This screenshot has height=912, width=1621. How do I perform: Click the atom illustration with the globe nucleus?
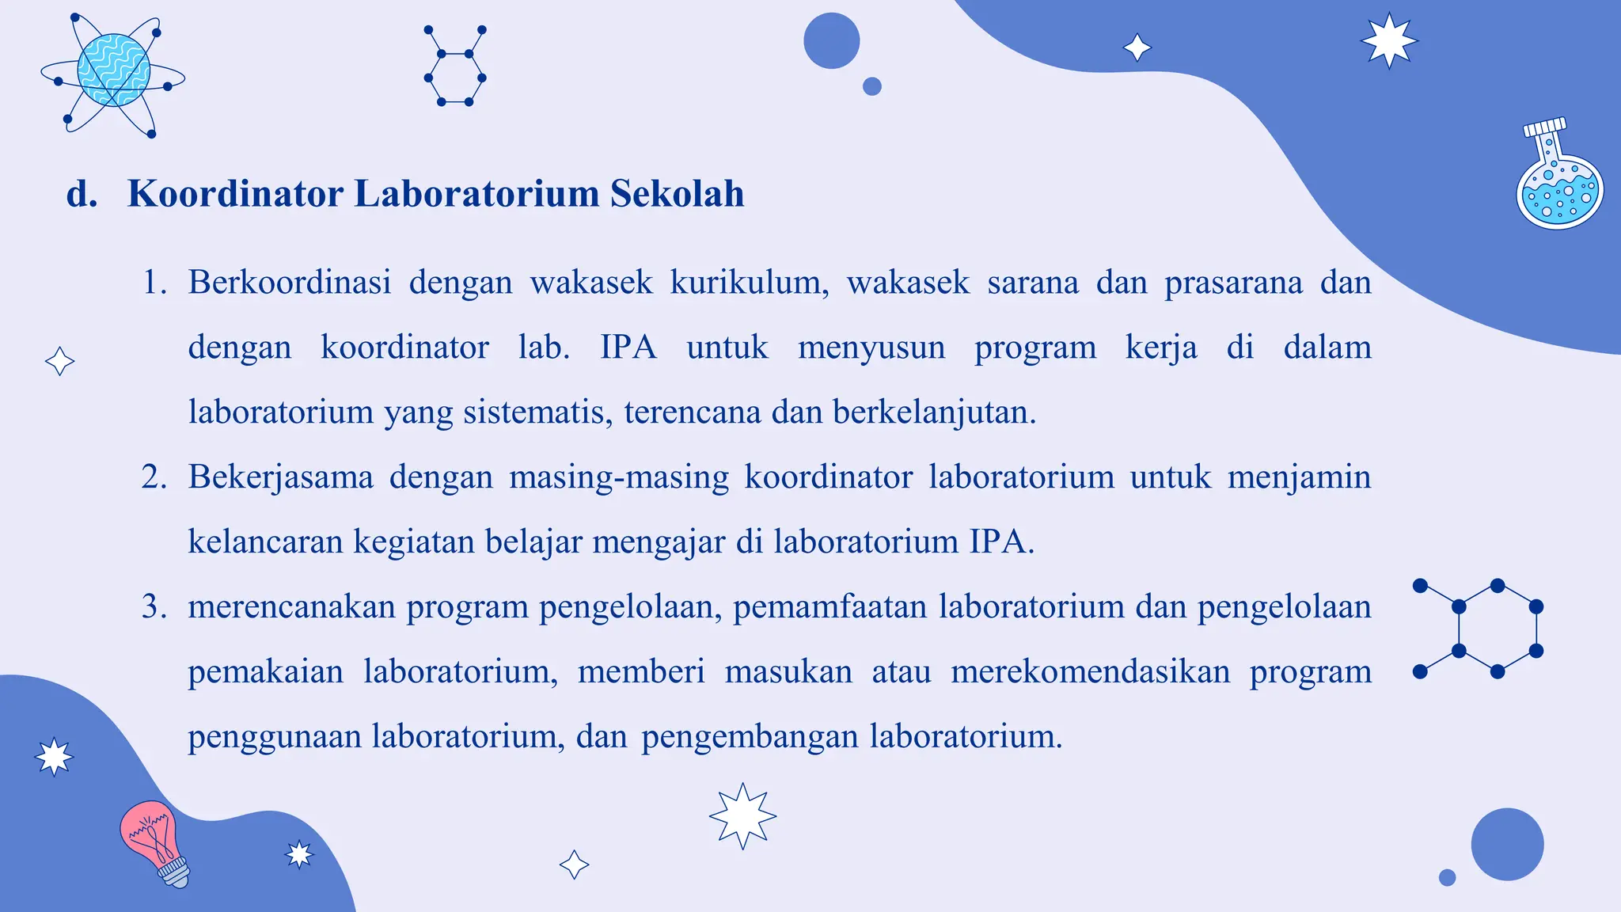(113, 73)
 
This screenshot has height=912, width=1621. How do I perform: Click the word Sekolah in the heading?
(677, 194)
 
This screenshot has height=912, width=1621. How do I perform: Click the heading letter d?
(81, 194)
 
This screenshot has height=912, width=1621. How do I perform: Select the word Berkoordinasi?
(290, 282)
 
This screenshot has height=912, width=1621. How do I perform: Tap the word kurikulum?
(749, 282)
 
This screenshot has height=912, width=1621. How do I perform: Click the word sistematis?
(537, 412)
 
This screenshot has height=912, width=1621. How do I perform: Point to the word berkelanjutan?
(934, 412)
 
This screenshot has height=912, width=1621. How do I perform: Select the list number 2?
(153, 477)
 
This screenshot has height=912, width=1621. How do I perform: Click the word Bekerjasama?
(280, 477)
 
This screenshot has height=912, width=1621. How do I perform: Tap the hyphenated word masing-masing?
(618, 477)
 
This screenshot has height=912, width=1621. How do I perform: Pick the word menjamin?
(1299, 477)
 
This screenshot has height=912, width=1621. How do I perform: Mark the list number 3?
(153, 606)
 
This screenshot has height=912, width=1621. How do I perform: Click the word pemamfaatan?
(829, 606)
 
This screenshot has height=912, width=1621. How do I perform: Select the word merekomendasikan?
(1090, 671)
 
